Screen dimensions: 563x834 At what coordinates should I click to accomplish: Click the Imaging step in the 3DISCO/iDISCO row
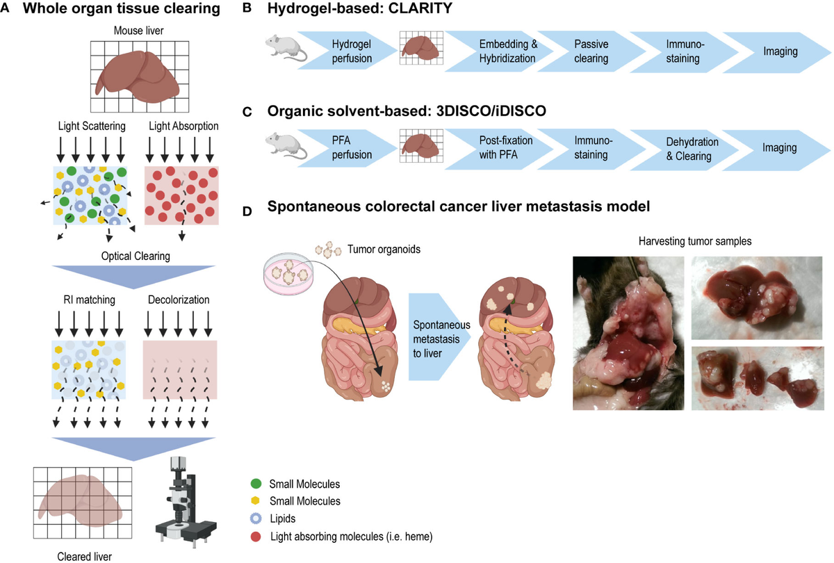pyautogui.click(x=778, y=148)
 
